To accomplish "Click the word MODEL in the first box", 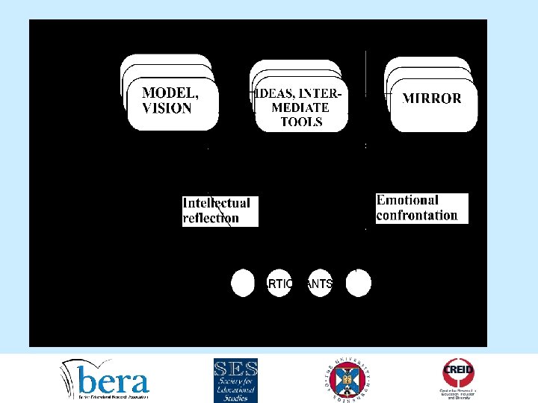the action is coord(170,93).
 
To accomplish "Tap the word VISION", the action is coord(167,108).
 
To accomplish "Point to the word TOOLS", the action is coord(302,122).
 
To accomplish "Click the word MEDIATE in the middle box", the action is coord(299,107).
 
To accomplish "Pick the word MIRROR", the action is coord(432,98).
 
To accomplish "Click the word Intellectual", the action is coord(217,203).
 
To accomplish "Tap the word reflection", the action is coord(211,218).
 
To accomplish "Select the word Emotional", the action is coord(407,200).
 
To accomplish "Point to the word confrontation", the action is coord(417,215).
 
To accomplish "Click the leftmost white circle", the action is coord(243,284).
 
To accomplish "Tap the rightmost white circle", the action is coord(359,284).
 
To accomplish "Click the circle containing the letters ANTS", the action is coord(321,284).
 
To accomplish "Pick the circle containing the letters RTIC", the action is coord(277,284).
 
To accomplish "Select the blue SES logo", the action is coord(235,380).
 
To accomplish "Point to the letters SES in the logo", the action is coord(235,369).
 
